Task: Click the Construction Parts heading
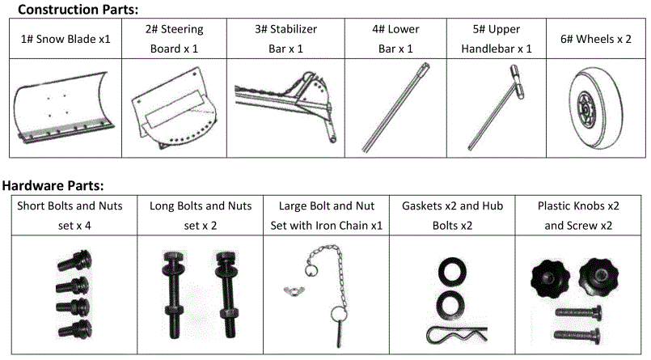(78, 10)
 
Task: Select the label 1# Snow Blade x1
(66, 39)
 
